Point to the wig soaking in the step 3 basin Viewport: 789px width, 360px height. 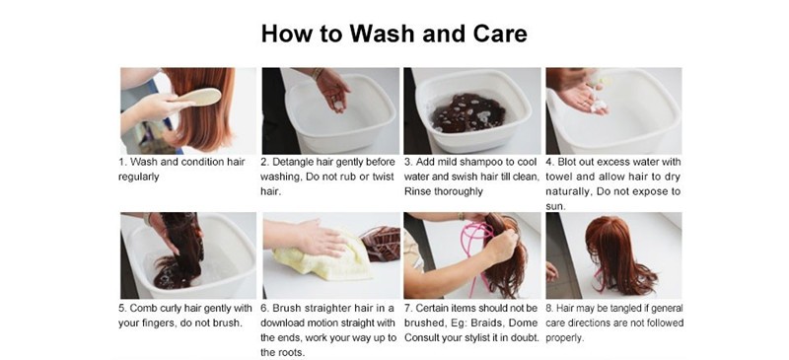[x=467, y=112]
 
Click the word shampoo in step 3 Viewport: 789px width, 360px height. [x=472, y=163]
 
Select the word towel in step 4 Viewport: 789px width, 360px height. [x=558, y=178]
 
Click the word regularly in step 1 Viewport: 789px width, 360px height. [x=138, y=178]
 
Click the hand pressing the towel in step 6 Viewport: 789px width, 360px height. [x=308, y=237]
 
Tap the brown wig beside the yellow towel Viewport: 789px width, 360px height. [x=381, y=244]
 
